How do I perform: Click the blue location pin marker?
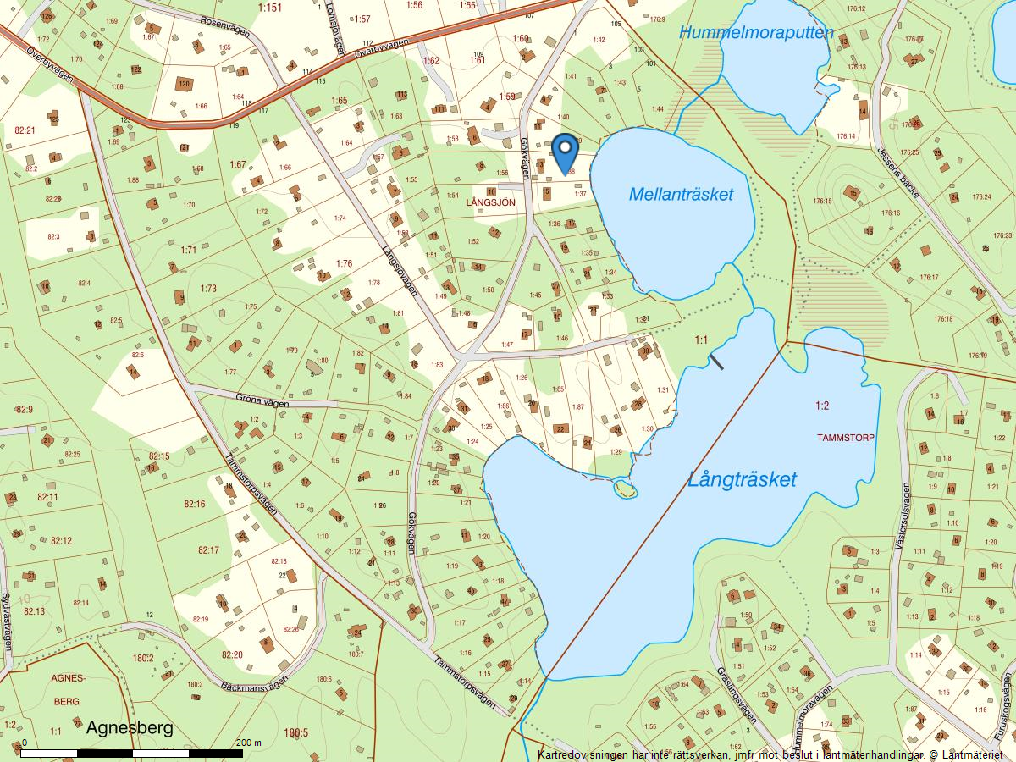coord(565,152)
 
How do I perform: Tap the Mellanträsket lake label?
coord(681,195)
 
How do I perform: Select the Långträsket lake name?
coord(742,480)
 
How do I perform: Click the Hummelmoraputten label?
coord(756,33)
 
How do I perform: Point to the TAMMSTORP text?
coord(846,438)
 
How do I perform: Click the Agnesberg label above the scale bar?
coord(130,727)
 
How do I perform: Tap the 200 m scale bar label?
coord(250,743)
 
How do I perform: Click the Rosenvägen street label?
coord(223,26)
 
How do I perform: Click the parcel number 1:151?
coord(269,8)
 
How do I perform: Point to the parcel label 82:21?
coord(25,130)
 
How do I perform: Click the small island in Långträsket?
coord(625,488)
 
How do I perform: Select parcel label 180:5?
coord(296,733)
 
